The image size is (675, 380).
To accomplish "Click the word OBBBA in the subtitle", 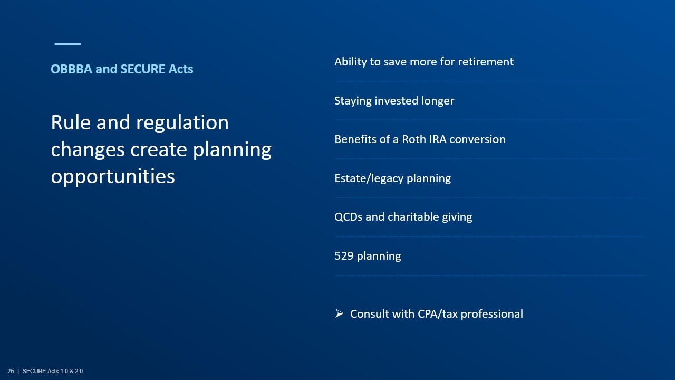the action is coord(71,69).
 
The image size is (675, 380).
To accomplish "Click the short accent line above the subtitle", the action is coord(67,44).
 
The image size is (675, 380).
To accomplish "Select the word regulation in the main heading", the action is coord(182,123).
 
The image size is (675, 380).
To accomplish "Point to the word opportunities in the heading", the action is coord(113,177).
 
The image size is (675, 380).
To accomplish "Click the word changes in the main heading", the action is coord(88,150).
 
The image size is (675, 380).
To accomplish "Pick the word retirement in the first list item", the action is coord(486,62).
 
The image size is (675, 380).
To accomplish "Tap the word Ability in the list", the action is coord(351,62).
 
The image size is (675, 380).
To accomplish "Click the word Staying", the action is coord(353,101).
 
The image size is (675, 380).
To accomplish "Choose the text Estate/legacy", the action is coord(369,178).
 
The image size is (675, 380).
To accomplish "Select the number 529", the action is coord(344,256).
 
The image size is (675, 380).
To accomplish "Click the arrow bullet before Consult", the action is coord(339,313).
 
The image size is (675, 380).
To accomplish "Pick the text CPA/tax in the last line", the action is coord(438,314).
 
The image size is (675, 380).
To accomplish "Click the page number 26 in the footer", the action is coord(11,371).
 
